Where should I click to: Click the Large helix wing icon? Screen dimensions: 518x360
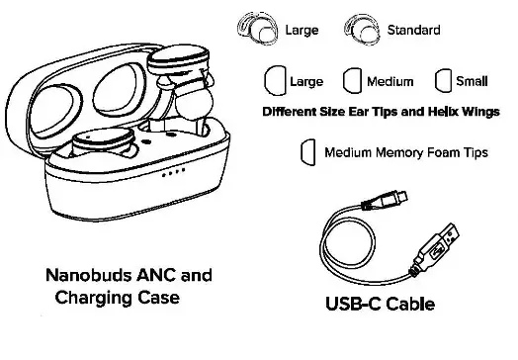point(264,29)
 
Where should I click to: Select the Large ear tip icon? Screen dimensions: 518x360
point(277,80)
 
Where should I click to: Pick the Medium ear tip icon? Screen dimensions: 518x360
point(352,80)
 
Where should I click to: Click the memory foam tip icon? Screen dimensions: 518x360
point(307,151)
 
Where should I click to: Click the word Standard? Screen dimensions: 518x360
point(415,31)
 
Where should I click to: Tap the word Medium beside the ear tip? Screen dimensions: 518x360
point(390,81)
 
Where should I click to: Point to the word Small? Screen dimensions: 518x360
point(474,81)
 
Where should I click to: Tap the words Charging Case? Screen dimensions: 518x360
point(119,297)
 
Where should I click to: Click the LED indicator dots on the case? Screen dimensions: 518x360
point(173,174)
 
